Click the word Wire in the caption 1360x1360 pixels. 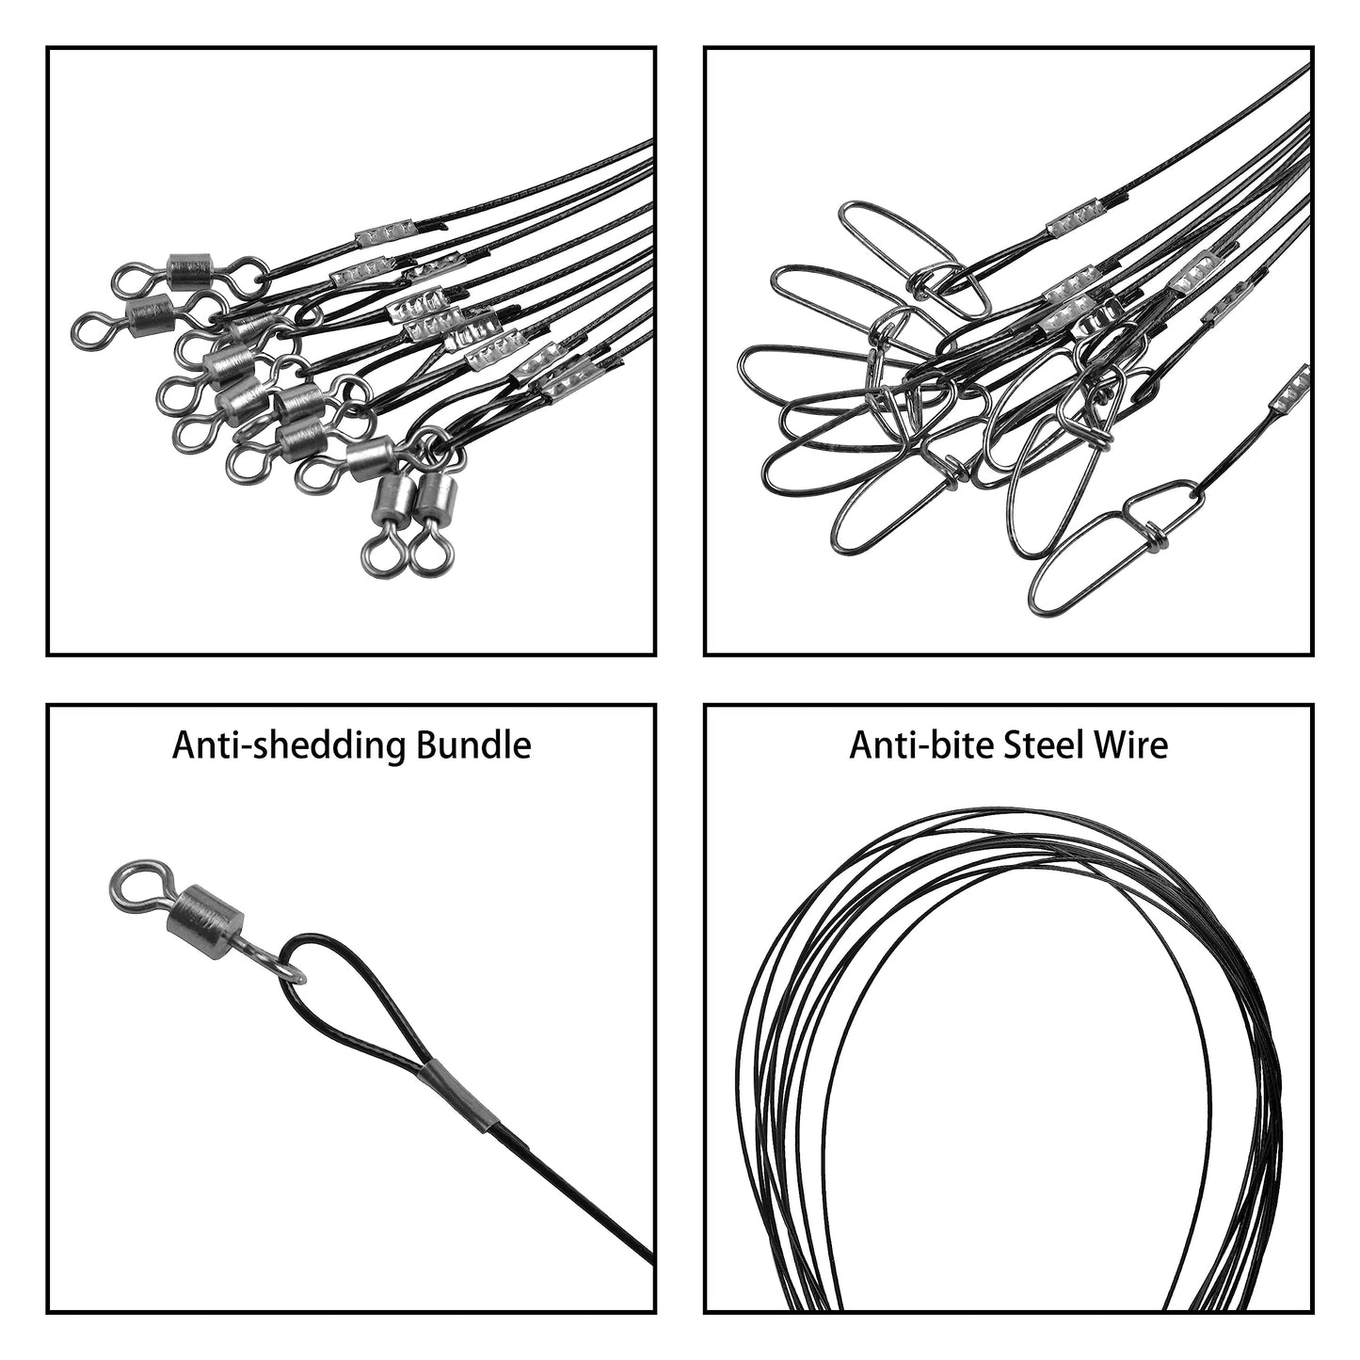tap(1132, 745)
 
